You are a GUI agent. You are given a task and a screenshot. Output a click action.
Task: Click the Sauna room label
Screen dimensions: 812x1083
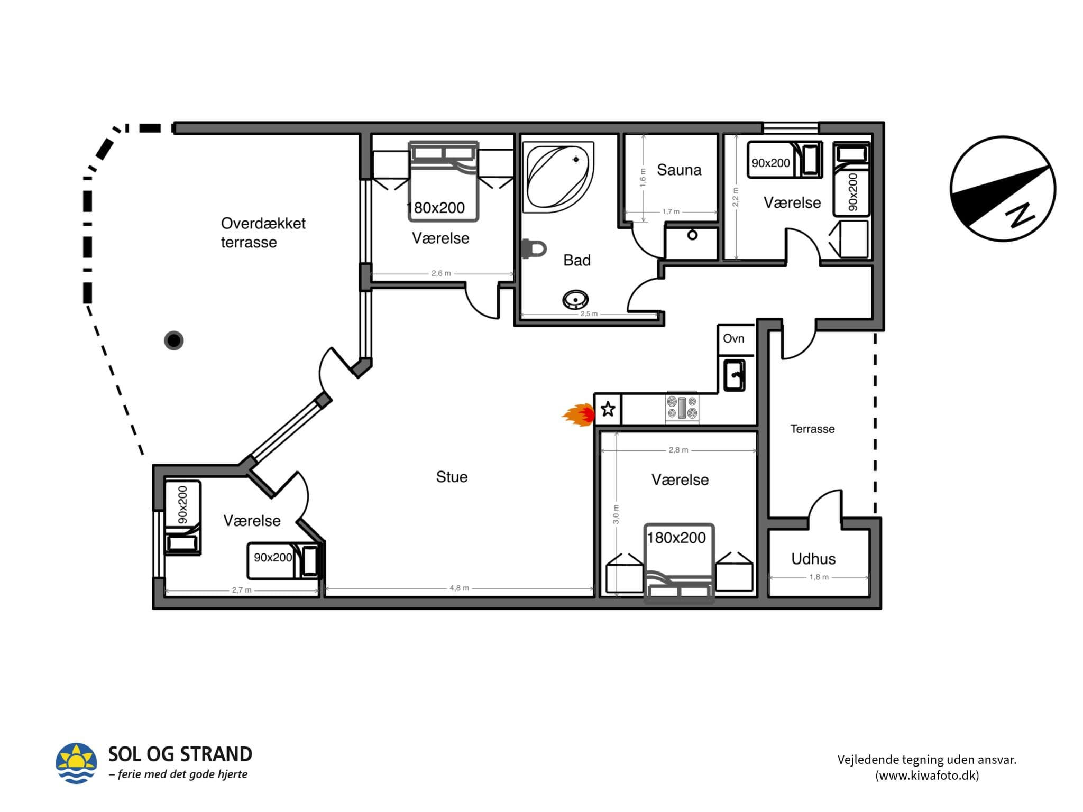[679, 170]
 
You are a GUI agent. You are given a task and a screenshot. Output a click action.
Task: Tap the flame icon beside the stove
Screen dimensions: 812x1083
[579, 415]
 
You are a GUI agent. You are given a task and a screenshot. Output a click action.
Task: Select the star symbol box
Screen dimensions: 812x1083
[608, 409]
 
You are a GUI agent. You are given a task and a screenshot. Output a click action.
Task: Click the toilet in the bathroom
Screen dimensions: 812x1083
[534, 248]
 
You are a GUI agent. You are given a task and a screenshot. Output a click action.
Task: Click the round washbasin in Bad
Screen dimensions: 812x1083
[575, 300]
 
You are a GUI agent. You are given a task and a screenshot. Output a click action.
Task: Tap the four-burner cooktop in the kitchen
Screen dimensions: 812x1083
[682, 408]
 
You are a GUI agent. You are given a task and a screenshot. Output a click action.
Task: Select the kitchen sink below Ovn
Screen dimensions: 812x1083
[735, 375]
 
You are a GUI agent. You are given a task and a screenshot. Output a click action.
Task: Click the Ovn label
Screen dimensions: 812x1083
[733, 338]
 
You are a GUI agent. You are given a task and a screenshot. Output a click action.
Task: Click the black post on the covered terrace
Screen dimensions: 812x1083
[174, 340]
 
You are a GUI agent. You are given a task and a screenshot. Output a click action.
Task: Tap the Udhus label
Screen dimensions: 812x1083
[813, 559]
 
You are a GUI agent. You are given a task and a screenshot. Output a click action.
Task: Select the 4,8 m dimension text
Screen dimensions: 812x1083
[459, 588]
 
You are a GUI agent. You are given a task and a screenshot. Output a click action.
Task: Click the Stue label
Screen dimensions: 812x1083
[452, 477]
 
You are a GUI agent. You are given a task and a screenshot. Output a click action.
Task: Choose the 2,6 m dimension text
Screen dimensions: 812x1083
[441, 273]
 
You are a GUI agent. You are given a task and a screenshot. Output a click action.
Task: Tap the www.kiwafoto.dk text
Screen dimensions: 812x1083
[927, 776]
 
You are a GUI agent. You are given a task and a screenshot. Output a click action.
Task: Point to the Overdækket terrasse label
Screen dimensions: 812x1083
[263, 233]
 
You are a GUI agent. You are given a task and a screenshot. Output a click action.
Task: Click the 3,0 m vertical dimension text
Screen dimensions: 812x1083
[616, 514]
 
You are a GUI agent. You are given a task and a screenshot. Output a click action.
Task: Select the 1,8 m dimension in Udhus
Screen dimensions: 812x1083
[819, 577]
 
